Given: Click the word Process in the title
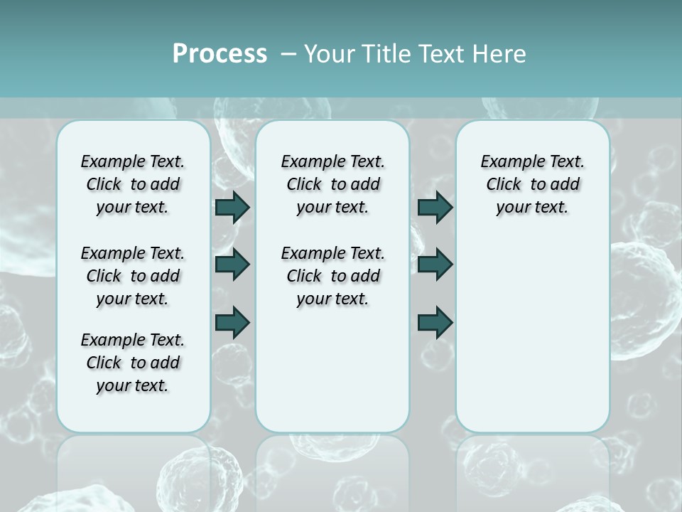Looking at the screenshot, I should pyautogui.click(x=220, y=54).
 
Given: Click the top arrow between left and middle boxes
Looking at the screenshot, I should pyautogui.click(x=232, y=207).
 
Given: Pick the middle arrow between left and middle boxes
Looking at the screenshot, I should pyautogui.click(x=232, y=265).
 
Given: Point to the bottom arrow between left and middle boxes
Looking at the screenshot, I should pyautogui.click(x=232, y=322).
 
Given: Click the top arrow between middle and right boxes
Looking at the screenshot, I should pyautogui.click(x=435, y=207).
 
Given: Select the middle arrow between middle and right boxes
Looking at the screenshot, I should pyautogui.click(x=435, y=265).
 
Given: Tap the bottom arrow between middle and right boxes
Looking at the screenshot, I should pyautogui.click(x=435, y=322).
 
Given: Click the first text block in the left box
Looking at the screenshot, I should pyautogui.click(x=133, y=184).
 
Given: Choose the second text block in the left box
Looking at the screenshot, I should pyautogui.click(x=133, y=276).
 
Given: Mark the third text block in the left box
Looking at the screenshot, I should pyautogui.click(x=133, y=363).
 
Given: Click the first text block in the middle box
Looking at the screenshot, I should pyautogui.click(x=332, y=184).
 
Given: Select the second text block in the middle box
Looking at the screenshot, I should pyautogui.click(x=332, y=276).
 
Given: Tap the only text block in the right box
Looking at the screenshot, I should pyautogui.click(x=532, y=184).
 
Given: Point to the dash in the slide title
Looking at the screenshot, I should pyautogui.click(x=288, y=54).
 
